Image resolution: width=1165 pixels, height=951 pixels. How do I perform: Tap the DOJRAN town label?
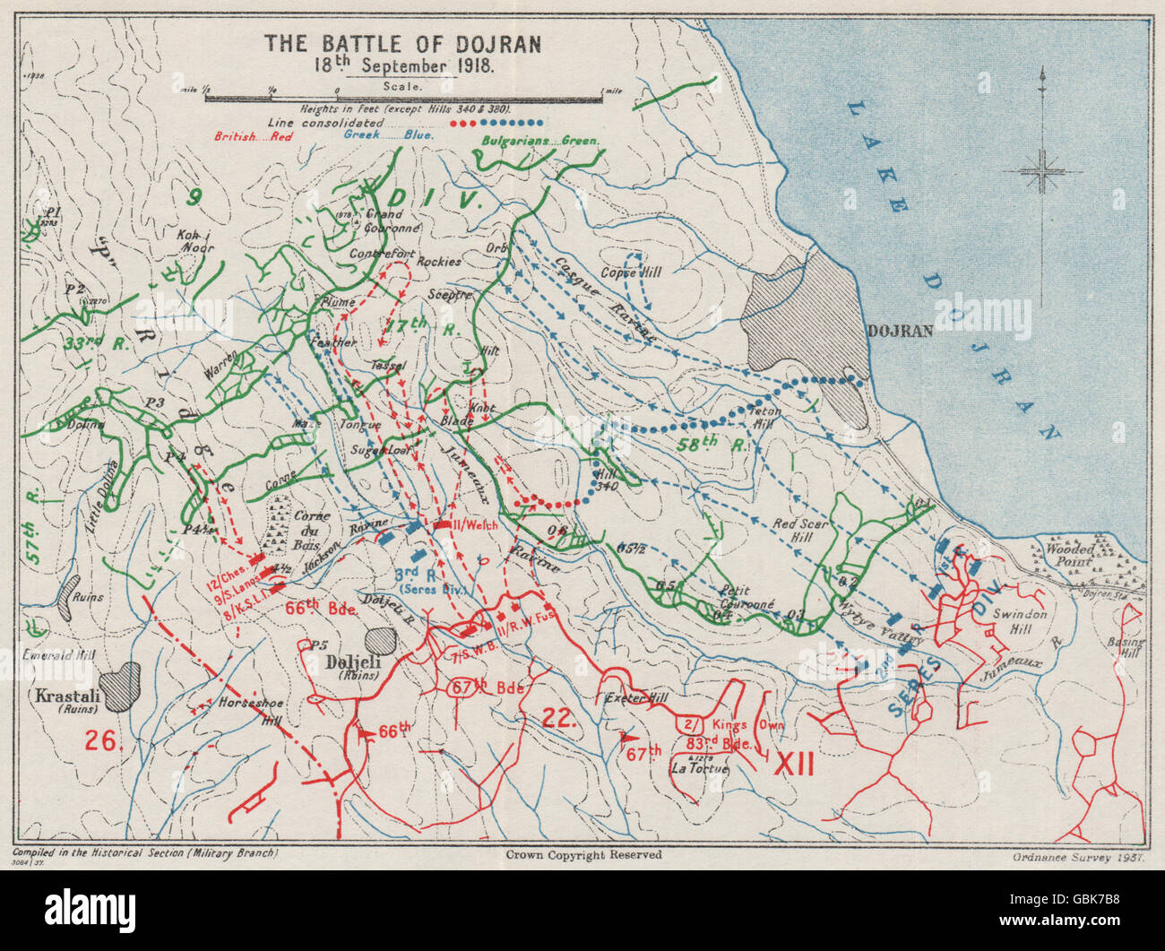[901, 330]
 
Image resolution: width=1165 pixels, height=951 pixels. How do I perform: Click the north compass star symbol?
[1042, 170]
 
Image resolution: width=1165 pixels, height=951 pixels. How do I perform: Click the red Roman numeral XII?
[793, 764]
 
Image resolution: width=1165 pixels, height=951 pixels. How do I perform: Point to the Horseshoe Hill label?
[251, 711]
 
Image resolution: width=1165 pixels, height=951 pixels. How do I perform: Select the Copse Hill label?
[630, 272]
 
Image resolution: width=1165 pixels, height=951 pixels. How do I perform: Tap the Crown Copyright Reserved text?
[582, 855]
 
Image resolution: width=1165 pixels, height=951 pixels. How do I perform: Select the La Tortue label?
[699, 768]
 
